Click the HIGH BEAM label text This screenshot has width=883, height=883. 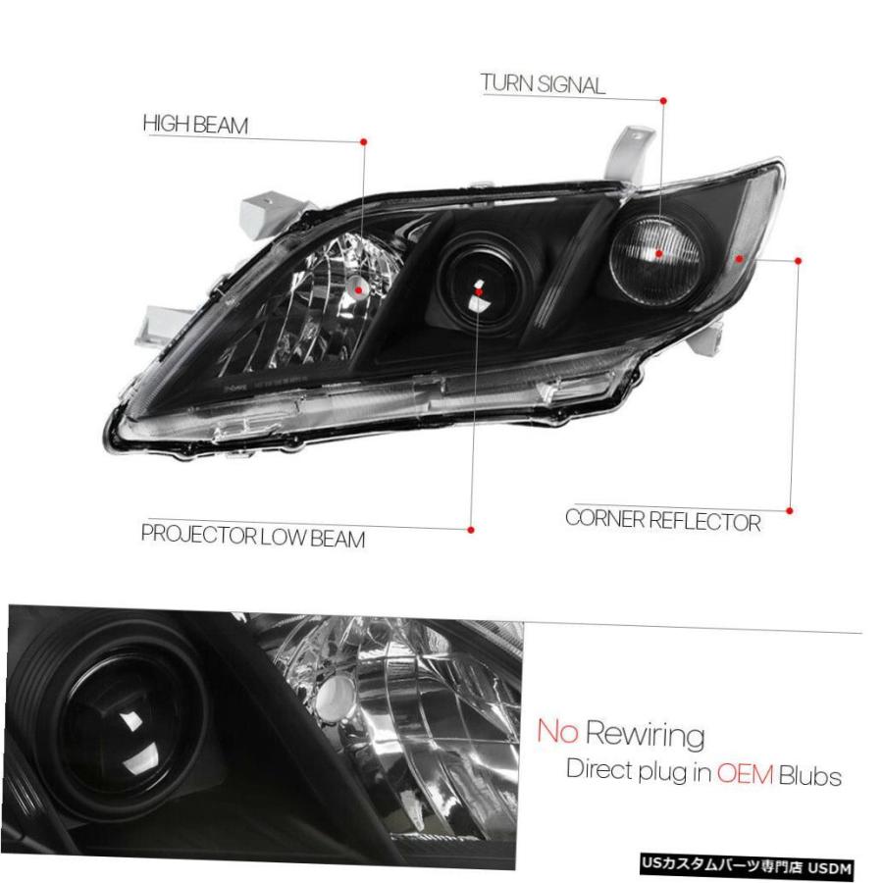coord(195,125)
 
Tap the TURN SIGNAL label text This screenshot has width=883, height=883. coord(543,84)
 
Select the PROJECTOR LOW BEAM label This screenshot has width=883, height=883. coord(253,536)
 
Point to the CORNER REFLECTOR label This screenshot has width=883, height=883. coord(663,520)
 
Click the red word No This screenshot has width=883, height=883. coord(557,731)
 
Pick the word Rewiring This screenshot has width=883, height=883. coord(645,735)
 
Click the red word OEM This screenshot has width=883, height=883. coord(745,774)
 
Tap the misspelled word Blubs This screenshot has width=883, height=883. coord(810,776)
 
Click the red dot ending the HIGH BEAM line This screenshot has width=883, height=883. coord(364,142)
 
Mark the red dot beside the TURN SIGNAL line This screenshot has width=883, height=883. coord(663,101)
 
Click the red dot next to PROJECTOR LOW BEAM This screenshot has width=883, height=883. coord(471,530)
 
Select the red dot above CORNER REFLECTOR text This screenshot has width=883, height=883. coord(790,511)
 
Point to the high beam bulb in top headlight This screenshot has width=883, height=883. coord(359,288)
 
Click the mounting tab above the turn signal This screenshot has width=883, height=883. coord(631,154)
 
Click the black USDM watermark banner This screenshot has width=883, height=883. coord(747,865)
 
